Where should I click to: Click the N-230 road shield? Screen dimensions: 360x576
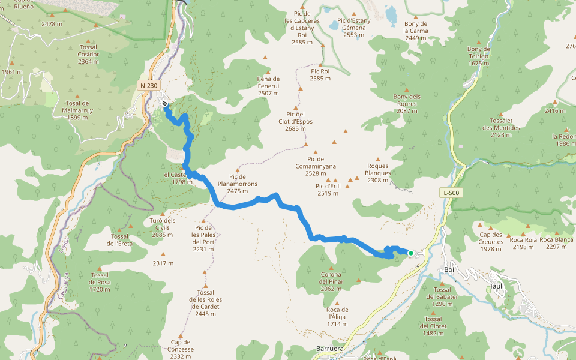pyautogui.click(x=149, y=86)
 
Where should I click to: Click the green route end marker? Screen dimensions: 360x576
pyautogui.click(x=410, y=253)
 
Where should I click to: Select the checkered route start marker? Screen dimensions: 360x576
pyautogui.click(x=164, y=104)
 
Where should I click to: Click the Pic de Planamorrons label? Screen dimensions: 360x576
pyautogui.click(x=238, y=184)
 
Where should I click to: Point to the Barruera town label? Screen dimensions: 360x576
pyautogui.click(x=329, y=348)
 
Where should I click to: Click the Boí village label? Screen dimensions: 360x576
pyautogui.click(x=450, y=269)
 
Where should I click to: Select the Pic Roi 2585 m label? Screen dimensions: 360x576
pyautogui.click(x=320, y=74)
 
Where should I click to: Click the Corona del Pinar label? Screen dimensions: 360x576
pyautogui.click(x=331, y=281)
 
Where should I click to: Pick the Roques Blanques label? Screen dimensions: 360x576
pyautogui.click(x=378, y=173)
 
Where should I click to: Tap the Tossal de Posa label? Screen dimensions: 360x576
pyautogui.click(x=100, y=282)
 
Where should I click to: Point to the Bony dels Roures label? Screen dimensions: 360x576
pyautogui.click(x=407, y=103)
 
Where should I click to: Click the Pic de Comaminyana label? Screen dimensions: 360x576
pyautogui.click(x=315, y=166)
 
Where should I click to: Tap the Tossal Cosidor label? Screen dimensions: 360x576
pyautogui.click(x=88, y=54)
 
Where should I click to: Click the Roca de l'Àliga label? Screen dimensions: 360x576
pyautogui.click(x=338, y=317)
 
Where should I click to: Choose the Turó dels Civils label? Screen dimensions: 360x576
pyautogui.click(x=163, y=227)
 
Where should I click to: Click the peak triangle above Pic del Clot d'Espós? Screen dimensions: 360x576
pyautogui.click(x=300, y=89)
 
